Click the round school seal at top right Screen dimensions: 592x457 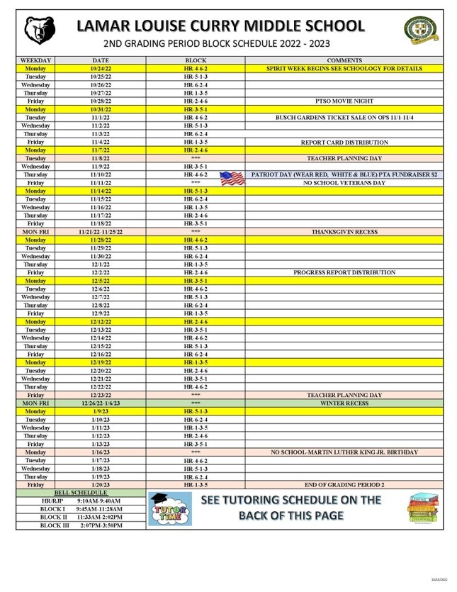[420, 29]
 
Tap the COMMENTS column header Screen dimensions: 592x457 [344, 61]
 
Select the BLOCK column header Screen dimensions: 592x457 [196, 61]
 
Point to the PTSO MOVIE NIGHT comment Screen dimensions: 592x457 [344, 101]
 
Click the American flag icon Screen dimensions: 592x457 [232, 178]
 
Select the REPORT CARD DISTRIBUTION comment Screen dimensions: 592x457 [344, 142]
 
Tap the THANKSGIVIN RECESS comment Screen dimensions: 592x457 [344, 231]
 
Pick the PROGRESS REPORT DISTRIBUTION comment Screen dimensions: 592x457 [344, 272]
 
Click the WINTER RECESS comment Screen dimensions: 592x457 [344, 403]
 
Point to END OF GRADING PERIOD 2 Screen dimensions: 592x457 [344, 484]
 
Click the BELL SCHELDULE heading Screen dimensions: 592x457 [81, 492]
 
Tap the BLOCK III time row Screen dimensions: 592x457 [81, 525]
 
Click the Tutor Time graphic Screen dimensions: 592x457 [170, 509]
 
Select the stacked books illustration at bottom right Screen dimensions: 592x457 [422, 510]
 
